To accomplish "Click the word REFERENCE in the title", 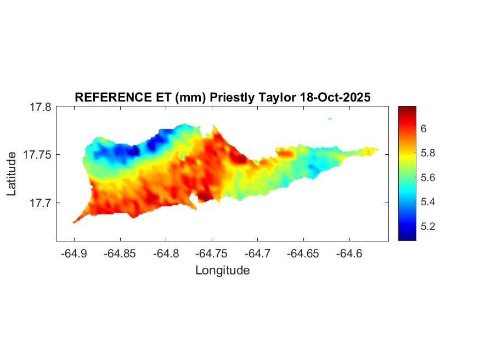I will tap(105, 98).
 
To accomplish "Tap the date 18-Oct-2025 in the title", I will tap(336, 98).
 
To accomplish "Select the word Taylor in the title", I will tap(277, 98).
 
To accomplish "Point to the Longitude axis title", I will tap(222, 270).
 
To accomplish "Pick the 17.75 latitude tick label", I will tap(37, 155).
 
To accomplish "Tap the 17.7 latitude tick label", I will tap(40, 203).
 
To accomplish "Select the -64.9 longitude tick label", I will tap(74, 253).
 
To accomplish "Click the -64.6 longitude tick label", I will tap(349, 253).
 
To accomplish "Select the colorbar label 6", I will tap(423, 128).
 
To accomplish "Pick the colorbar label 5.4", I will tap(427, 201).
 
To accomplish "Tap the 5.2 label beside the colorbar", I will tap(427, 226).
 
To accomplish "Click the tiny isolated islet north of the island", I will tap(330, 118).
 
